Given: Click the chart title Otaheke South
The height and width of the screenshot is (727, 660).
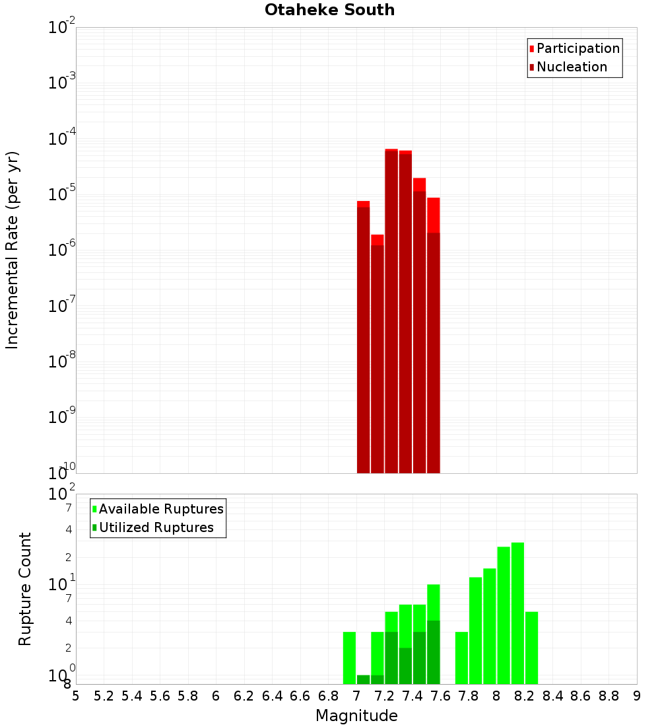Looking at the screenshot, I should (329, 10).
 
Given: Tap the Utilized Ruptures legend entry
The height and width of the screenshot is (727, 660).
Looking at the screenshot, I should (156, 527).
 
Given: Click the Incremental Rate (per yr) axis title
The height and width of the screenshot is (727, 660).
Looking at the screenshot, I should (13, 250).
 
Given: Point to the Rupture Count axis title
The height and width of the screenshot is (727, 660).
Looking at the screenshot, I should (25, 589).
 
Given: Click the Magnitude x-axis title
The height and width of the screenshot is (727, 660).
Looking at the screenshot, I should (356, 716).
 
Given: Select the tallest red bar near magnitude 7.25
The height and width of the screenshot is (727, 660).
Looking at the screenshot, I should (391, 311).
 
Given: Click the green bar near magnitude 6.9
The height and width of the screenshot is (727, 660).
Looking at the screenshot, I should (349, 658).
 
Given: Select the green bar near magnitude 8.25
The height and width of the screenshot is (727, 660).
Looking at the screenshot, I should (532, 648).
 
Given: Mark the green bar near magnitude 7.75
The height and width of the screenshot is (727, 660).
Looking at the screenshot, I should (462, 658).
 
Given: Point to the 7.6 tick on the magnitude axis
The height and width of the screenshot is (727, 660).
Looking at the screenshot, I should (441, 696).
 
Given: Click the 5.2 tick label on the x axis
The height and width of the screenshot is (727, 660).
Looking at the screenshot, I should (104, 696).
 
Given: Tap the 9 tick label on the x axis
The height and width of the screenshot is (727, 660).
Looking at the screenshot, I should (637, 696).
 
